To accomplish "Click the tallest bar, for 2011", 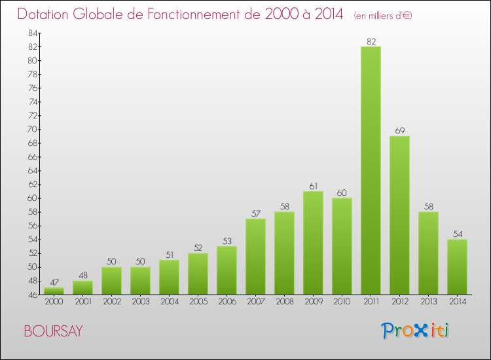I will (x=371, y=170).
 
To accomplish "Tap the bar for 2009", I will (x=313, y=242).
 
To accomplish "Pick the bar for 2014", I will (x=457, y=266).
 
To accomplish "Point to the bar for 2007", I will (x=255, y=256).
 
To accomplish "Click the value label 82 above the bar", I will (x=371, y=42).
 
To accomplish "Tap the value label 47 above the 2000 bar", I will (x=54, y=283).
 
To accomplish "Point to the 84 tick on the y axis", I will (x=31, y=33).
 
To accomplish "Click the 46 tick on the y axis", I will (x=31, y=295).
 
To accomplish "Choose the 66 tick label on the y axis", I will (x=31, y=156).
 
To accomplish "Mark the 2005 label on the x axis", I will (x=198, y=302).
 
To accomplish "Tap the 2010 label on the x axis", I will (x=342, y=302).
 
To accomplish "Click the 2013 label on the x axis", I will (x=428, y=302).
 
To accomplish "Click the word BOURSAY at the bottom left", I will (x=53, y=331).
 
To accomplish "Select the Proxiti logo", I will (x=416, y=331).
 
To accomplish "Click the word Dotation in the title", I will (x=46, y=14).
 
